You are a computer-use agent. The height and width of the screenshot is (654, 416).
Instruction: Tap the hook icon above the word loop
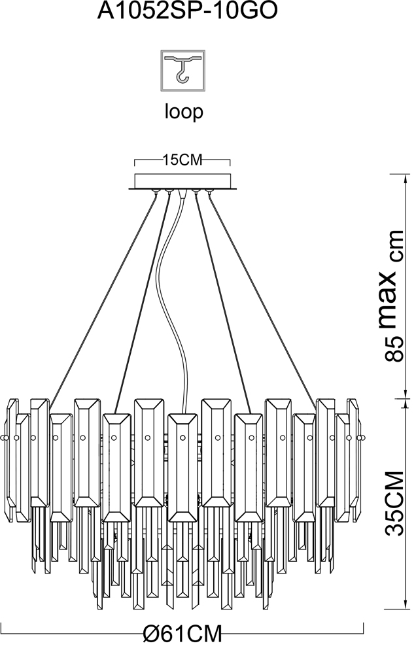[182, 71]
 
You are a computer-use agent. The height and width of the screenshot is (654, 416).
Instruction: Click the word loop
[183, 112]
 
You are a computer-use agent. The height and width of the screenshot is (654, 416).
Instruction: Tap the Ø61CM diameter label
[182, 634]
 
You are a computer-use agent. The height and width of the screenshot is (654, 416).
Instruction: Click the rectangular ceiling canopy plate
[182, 181]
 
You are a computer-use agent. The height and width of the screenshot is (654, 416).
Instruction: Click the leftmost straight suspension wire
[105, 294]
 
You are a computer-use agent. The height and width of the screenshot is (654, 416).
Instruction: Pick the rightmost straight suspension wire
[262, 294]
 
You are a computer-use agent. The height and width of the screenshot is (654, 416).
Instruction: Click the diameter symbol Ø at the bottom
[152, 634]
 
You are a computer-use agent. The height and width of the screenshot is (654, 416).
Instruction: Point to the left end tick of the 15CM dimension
[134, 162]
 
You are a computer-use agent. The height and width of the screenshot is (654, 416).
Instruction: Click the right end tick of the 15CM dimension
[232, 162]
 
